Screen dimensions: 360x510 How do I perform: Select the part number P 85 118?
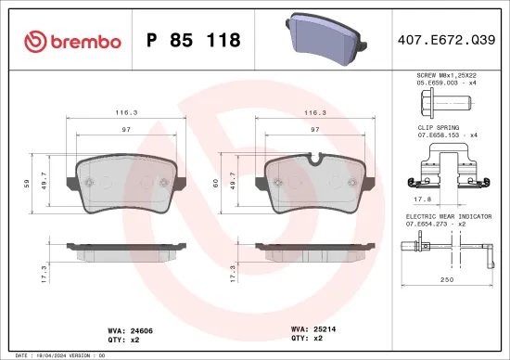click(194, 40)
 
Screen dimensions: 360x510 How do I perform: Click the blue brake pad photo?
click(321, 38)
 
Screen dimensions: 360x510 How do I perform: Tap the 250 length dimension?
click(447, 279)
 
